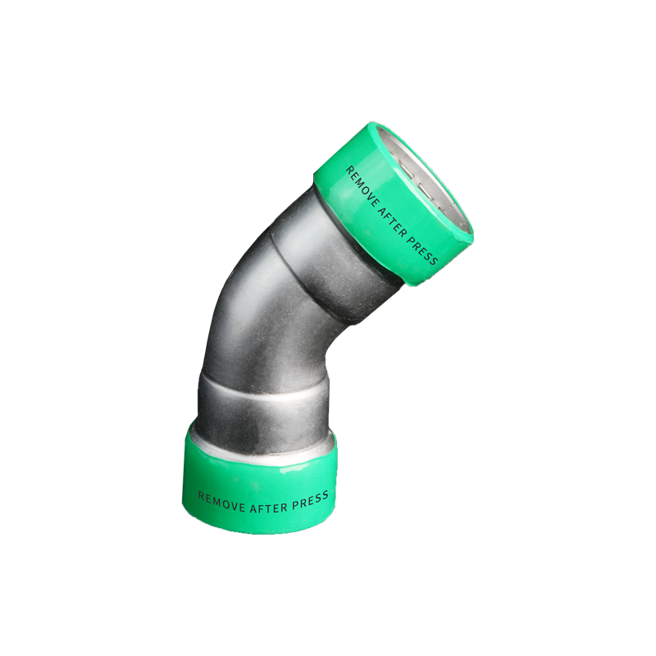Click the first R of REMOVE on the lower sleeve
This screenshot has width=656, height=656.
pyautogui.click(x=201, y=495)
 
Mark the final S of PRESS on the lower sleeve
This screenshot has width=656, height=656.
pyautogui.click(x=326, y=494)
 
